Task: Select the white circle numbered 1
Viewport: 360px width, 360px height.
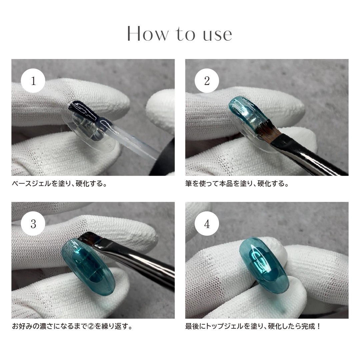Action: tap(33, 81)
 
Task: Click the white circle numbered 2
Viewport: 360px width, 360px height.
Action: tap(207, 81)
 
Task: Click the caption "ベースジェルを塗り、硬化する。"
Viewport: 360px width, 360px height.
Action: tap(60, 184)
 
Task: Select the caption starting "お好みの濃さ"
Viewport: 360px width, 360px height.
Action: tap(73, 326)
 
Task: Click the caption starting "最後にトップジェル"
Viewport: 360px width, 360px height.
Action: tap(253, 326)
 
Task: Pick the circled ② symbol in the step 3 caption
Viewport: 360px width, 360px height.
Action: tap(91, 326)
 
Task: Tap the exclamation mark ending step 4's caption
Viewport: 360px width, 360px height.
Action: tap(318, 326)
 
